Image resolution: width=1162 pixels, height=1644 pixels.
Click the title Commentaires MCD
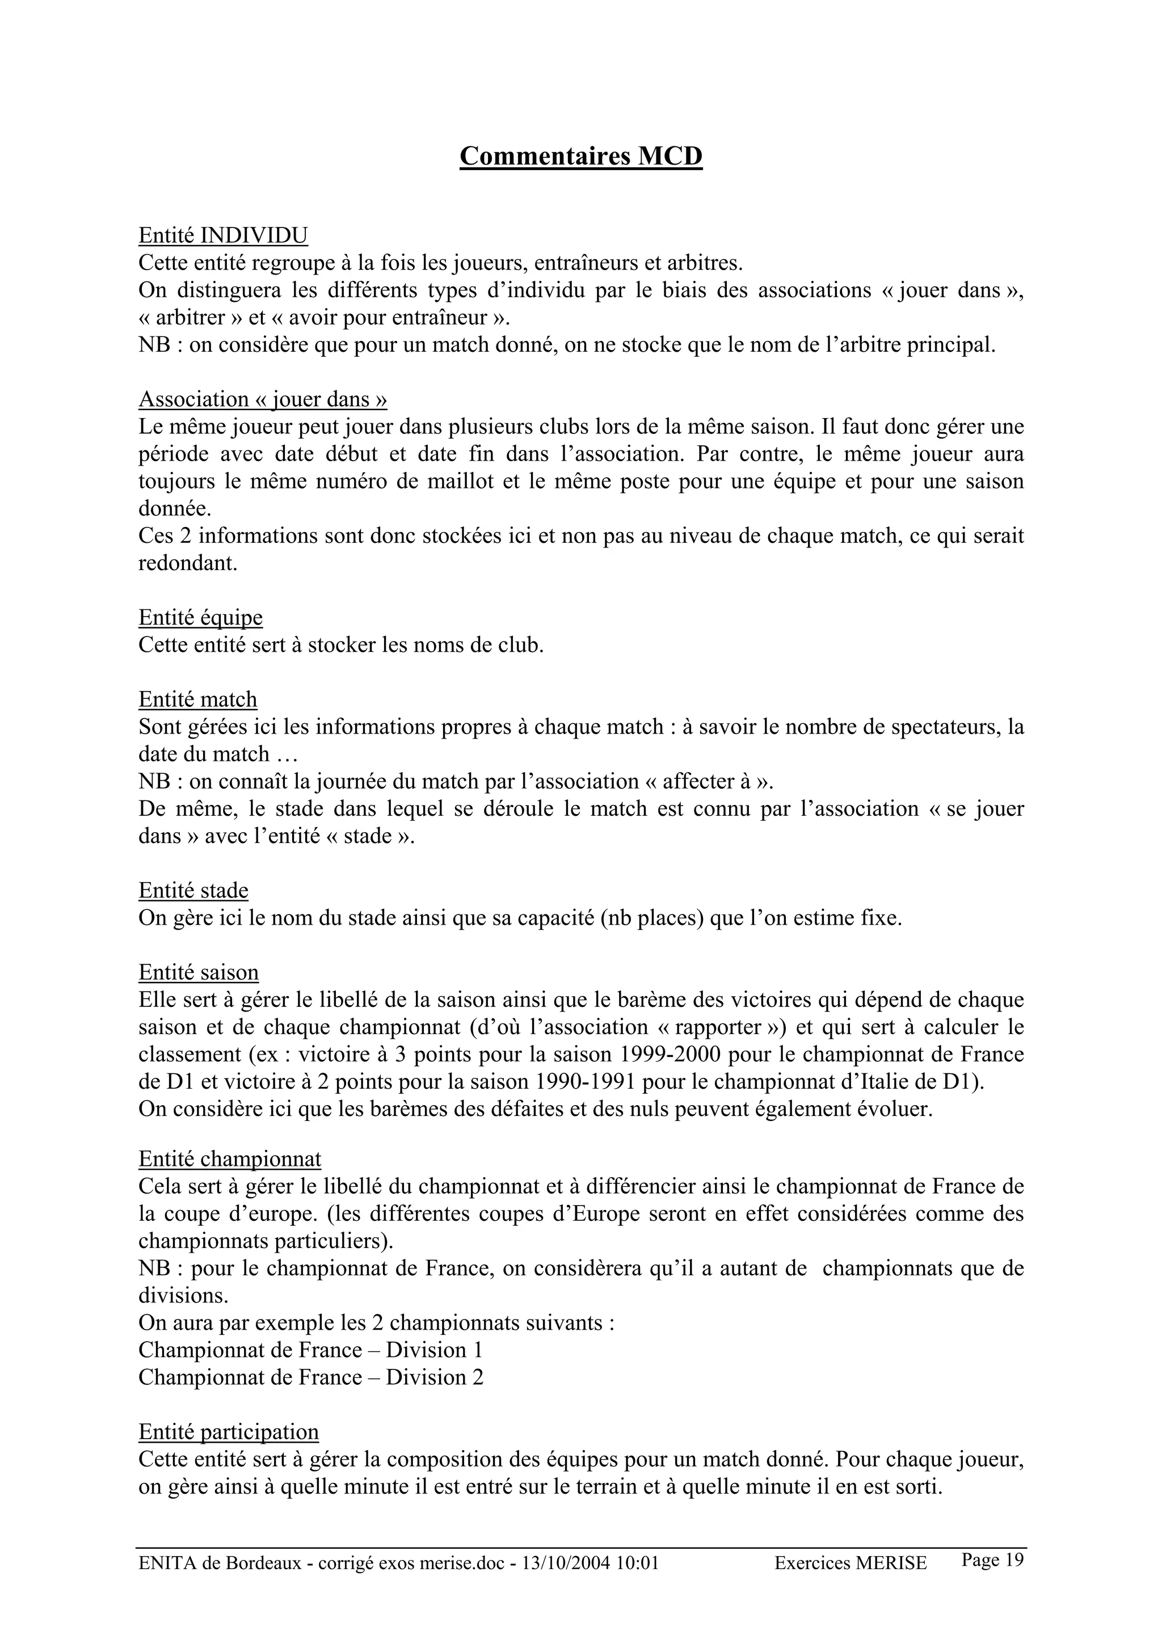tap(580, 155)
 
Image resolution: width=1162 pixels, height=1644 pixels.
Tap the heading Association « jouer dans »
tap(263, 399)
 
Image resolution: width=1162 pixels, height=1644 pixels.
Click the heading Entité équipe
tap(200, 617)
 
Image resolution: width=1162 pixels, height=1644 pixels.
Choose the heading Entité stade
tap(193, 890)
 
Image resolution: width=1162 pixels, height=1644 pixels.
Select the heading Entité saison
tap(199, 972)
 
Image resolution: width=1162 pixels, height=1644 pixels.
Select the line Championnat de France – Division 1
tap(310, 1350)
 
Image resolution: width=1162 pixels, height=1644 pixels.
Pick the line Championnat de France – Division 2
tap(310, 1377)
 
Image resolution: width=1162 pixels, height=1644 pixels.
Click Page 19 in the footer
tap(992, 1559)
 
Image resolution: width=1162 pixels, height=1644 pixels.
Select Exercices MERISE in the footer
tap(850, 1563)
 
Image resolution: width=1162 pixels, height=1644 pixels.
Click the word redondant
tap(188, 563)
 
